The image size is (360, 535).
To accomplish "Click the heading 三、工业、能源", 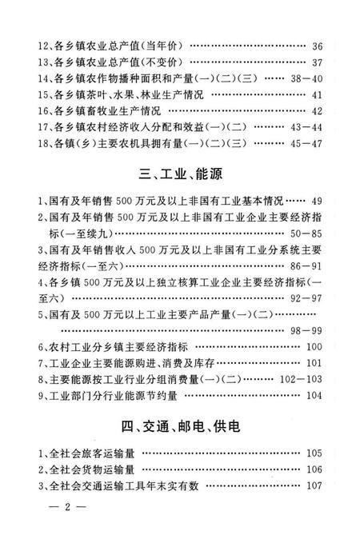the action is (x=180, y=174).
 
